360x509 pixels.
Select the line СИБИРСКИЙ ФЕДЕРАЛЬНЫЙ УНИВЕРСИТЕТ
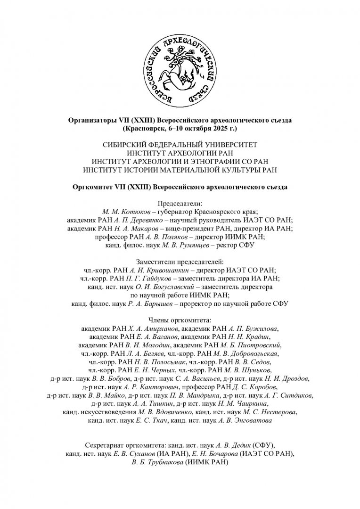[180, 145]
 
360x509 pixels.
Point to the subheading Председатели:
[180, 204]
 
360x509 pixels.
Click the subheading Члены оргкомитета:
[180, 320]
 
